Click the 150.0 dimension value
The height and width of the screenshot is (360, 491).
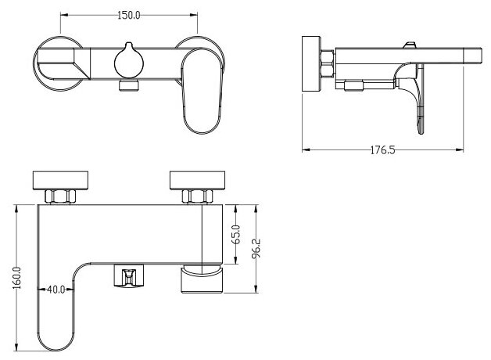pos(130,15)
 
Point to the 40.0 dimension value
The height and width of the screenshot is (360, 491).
pos(56,290)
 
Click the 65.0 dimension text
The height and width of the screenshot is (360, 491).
pos(236,232)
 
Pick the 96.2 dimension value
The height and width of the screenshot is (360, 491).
pos(256,248)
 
